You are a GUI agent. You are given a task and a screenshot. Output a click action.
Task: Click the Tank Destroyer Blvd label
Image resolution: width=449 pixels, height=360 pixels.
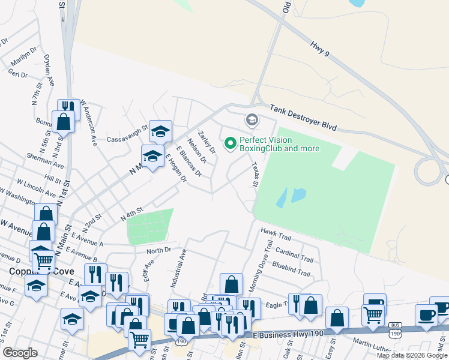pos(303,118)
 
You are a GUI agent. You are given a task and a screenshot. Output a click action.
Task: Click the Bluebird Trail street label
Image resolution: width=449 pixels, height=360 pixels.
pos(291,269)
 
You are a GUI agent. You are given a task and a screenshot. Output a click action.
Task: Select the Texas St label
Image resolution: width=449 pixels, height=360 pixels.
pos(255,176)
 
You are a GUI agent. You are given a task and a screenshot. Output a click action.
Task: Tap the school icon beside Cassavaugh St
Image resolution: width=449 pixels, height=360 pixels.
pos(160,130)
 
